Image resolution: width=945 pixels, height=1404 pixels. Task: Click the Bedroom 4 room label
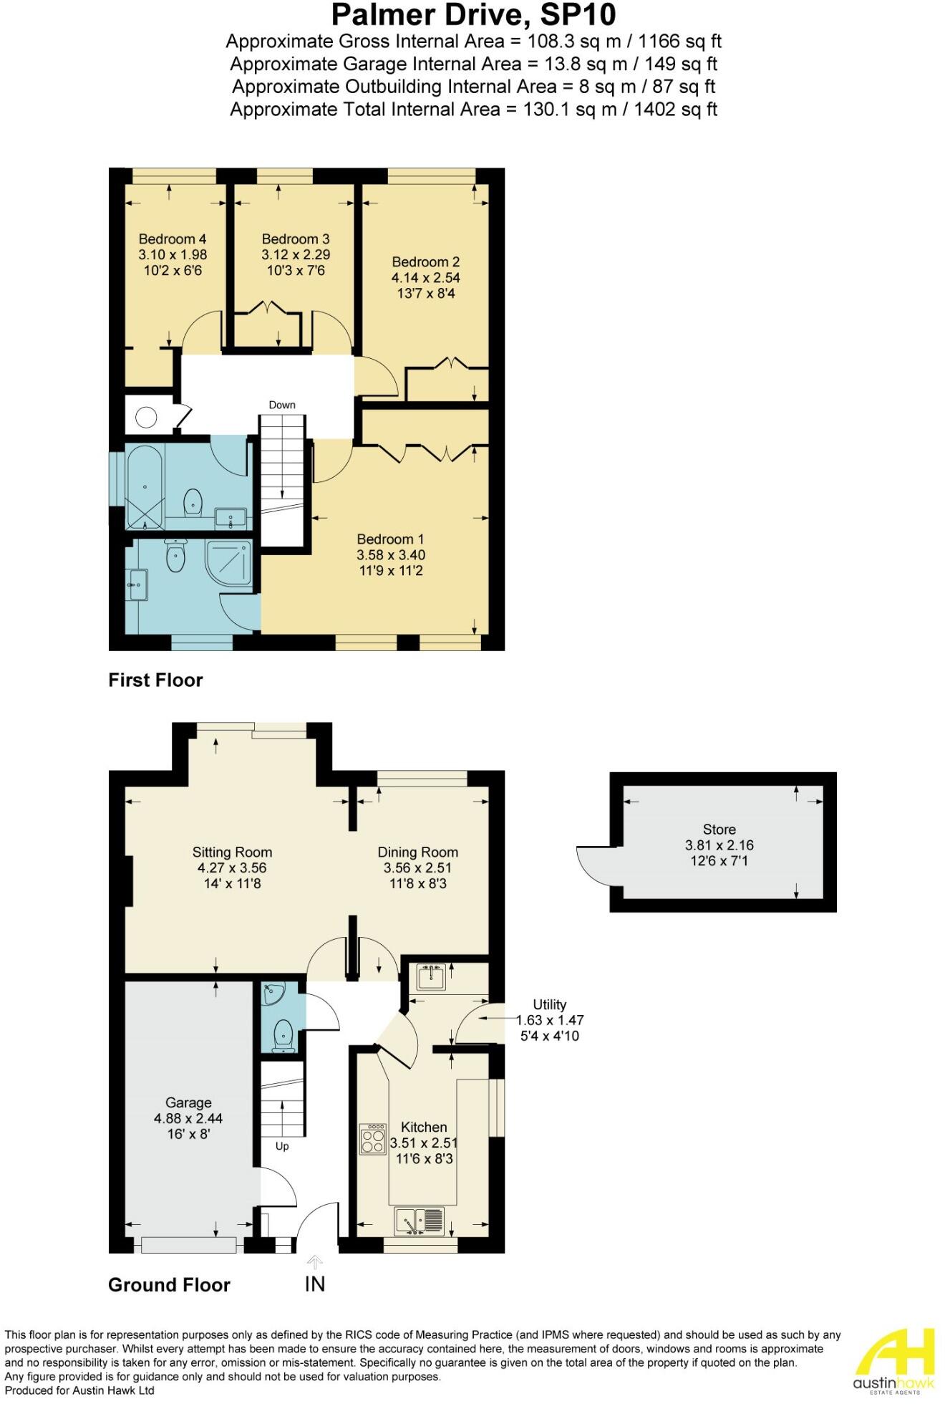click(173, 239)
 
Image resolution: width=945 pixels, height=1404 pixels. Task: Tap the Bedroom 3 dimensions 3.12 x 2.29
click(295, 255)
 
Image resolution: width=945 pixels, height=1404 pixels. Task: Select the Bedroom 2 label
click(425, 262)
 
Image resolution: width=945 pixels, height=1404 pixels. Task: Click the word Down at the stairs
click(282, 405)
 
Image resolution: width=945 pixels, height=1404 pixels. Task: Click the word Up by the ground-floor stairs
click(282, 1146)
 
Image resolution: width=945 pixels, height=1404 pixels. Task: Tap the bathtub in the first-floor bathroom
click(145, 487)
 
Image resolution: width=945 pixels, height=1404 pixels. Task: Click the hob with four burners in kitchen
click(372, 1138)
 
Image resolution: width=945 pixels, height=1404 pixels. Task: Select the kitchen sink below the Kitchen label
click(419, 1221)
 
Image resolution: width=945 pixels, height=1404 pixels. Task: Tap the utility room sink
click(432, 976)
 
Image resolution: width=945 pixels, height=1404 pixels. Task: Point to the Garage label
click(188, 1103)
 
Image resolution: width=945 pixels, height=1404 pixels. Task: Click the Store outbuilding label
click(719, 830)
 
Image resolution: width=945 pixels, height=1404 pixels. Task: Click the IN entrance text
click(314, 1284)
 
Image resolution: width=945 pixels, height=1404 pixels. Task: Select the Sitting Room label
click(232, 852)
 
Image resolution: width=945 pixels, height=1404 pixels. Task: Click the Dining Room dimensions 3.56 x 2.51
click(417, 868)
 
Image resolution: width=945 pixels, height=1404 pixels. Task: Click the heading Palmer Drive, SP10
click(472, 14)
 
